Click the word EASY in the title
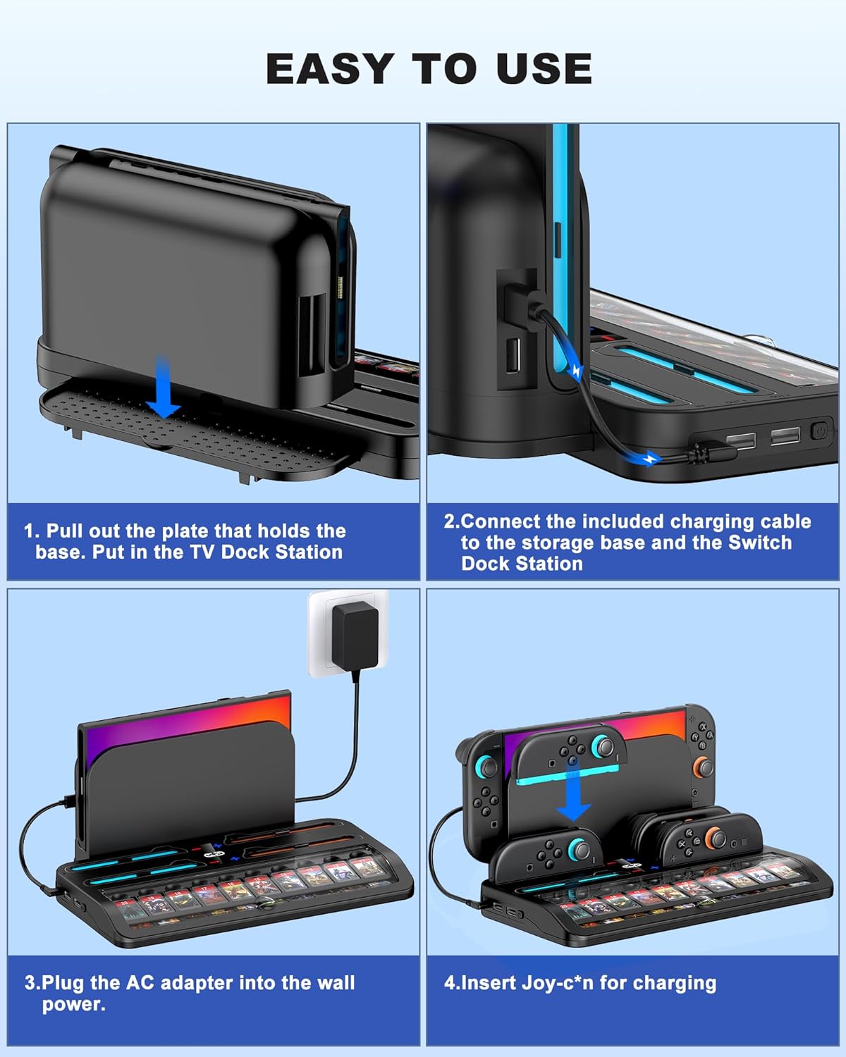(x=330, y=69)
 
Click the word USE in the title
(x=544, y=69)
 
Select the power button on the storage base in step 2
(x=819, y=432)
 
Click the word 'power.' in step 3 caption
(x=74, y=1004)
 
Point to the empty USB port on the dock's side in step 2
(x=513, y=354)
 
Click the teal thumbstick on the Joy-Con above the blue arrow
(x=603, y=746)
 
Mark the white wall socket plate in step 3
(x=348, y=633)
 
